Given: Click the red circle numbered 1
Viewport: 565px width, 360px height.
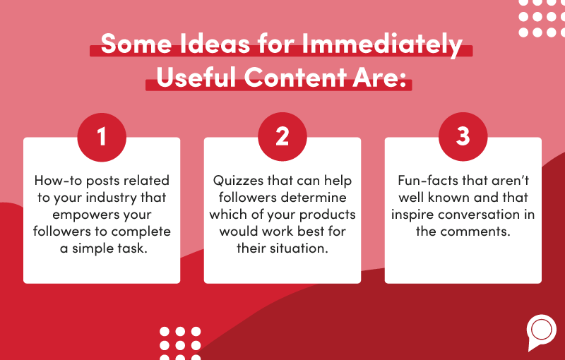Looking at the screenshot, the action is (x=102, y=137).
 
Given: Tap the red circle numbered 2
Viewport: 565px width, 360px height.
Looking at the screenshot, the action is (x=282, y=137).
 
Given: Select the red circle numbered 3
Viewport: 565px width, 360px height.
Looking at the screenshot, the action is (x=463, y=137).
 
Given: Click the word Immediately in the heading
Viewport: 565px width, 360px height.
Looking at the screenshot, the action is (x=382, y=44).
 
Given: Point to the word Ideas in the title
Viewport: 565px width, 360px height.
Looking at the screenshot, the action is (x=215, y=44).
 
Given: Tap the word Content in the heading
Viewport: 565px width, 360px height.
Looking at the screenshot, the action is (x=295, y=78).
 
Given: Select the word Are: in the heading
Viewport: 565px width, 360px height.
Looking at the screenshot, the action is (x=379, y=78).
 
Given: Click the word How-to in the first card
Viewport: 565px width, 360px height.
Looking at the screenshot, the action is (x=59, y=181).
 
